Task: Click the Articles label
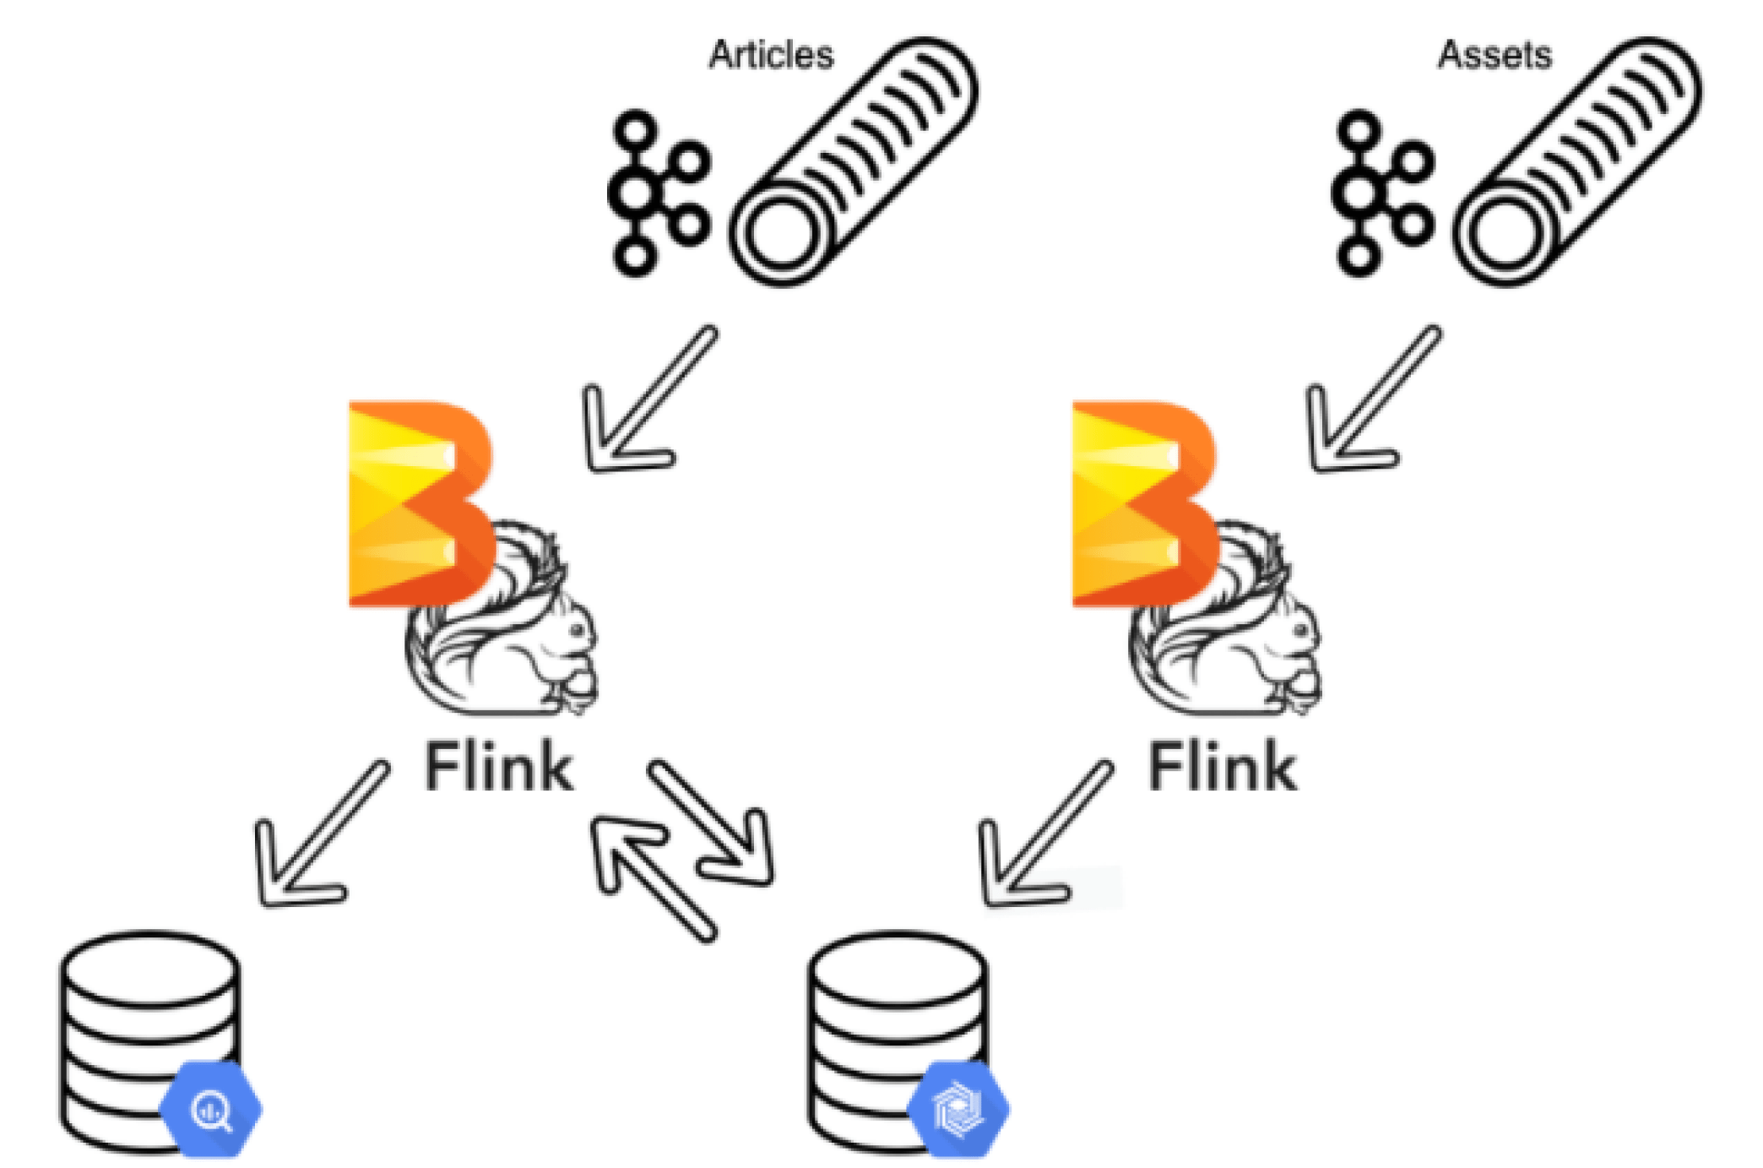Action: (770, 55)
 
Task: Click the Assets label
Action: (1494, 55)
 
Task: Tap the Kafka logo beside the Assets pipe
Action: (1382, 193)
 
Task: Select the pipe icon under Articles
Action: (853, 160)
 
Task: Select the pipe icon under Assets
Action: (1576, 160)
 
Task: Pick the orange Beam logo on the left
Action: (418, 503)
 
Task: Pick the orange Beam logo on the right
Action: (1142, 503)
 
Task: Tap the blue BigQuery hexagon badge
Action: (211, 1109)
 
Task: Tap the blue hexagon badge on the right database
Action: (958, 1109)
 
